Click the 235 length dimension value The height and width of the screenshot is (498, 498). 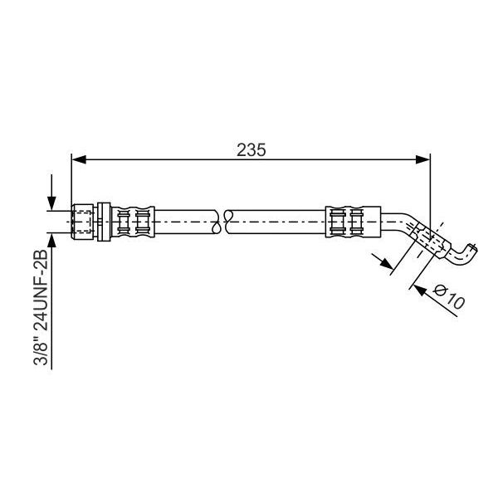click(251, 150)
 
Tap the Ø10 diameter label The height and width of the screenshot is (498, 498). click(449, 297)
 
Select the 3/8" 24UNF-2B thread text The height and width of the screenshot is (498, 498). click(41, 307)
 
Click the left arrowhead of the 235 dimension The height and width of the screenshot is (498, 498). click(79, 159)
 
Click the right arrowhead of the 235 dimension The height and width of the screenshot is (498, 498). click(422, 159)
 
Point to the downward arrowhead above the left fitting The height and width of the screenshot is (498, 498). click(51, 203)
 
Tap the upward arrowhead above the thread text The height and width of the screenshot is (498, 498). click(51, 240)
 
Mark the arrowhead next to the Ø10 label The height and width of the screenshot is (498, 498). click(419, 290)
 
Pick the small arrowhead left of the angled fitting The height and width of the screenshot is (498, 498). click(387, 263)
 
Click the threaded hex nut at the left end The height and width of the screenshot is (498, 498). click(83, 222)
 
